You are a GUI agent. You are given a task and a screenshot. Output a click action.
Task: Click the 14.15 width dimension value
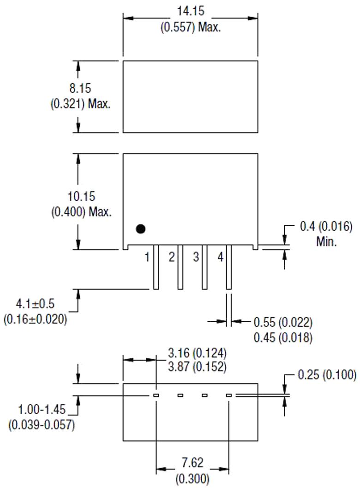click(x=191, y=11)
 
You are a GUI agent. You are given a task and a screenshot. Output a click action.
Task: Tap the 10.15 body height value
click(x=81, y=196)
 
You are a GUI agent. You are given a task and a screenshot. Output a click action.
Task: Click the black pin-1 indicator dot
click(x=141, y=228)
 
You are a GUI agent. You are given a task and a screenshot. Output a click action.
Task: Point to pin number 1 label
click(x=147, y=257)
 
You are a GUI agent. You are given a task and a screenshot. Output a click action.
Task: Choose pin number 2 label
click(x=172, y=257)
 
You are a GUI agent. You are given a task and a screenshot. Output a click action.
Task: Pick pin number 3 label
click(x=196, y=257)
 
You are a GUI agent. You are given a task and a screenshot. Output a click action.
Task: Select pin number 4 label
click(x=220, y=257)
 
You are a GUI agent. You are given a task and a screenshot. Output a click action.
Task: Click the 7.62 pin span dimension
click(x=192, y=463)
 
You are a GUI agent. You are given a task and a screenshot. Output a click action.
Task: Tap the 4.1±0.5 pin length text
click(x=35, y=304)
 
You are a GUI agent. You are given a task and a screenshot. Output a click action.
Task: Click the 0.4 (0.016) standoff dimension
click(x=326, y=227)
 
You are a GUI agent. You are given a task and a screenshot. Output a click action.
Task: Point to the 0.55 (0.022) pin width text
click(x=283, y=322)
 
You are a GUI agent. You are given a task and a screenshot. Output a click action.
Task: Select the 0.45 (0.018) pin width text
click(x=283, y=337)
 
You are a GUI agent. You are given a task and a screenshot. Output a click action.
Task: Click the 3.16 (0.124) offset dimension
click(x=197, y=354)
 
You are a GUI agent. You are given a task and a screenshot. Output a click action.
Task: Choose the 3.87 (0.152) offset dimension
click(x=197, y=367)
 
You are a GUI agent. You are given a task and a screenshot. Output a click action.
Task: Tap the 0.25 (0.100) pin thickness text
click(x=327, y=375)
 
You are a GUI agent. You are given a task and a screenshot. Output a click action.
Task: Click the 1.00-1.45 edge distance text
click(x=42, y=409)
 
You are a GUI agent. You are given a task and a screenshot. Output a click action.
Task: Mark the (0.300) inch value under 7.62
click(x=192, y=479)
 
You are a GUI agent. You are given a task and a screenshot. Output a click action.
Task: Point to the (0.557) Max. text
click(x=191, y=27)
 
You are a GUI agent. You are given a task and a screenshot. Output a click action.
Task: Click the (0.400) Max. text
click(x=81, y=212)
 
